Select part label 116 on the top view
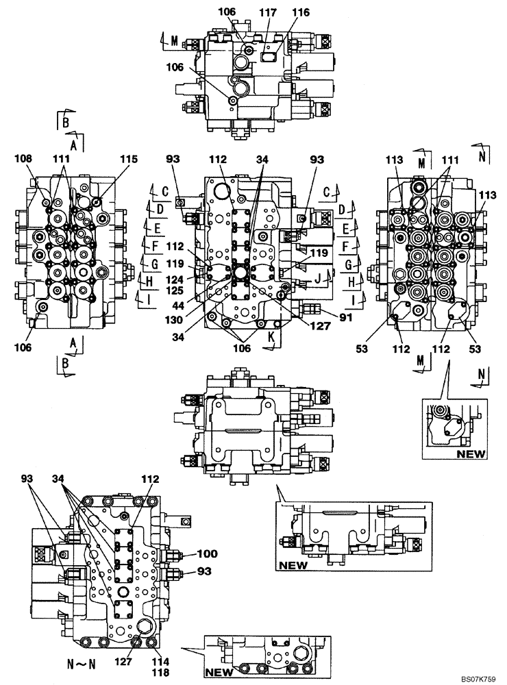point(300,12)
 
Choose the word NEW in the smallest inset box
point(471,453)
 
